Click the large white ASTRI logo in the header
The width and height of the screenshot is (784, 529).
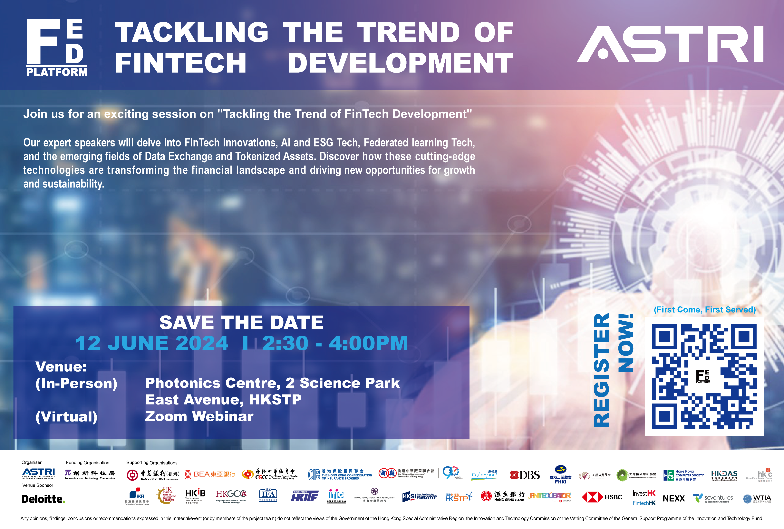[x=670, y=44]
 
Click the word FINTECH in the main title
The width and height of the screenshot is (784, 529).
[x=181, y=63]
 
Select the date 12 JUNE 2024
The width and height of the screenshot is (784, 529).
[x=152, y=344]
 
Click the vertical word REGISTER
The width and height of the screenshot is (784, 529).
[x=601, y=370]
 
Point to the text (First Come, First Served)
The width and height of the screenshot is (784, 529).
[x=704, y=310]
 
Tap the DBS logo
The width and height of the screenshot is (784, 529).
[x=525, y=475]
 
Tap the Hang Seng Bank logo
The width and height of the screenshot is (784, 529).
[x=503, y=496]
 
